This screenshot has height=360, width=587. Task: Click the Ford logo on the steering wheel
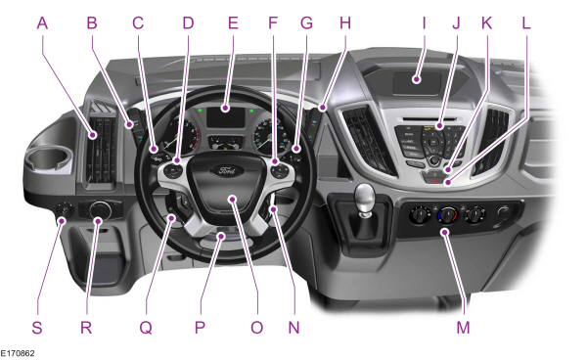click(x=227, y=172)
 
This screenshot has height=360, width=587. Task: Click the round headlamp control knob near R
click(x=99, y=209)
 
